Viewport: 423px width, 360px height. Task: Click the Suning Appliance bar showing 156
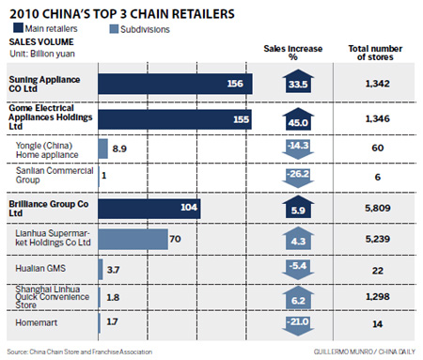click(x=175, y=85)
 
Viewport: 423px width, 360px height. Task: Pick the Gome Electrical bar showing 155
click(x=174, y=119)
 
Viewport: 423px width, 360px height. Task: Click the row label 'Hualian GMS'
click(x=41, y=269)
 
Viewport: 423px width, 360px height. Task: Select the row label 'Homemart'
click(x=39, y=322)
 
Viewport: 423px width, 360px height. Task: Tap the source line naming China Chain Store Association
click(x=88, y=352)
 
